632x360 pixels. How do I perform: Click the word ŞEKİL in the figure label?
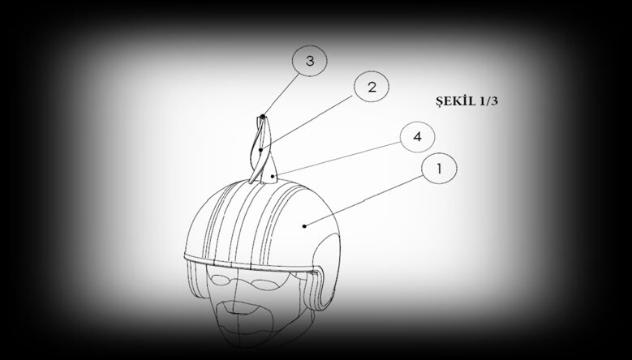point(456,101)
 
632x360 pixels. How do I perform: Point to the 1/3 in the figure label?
point(489,101)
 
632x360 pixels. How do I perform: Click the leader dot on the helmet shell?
point(304,226)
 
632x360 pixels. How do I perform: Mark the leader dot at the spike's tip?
point(262,117)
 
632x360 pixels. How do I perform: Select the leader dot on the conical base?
point(273,176)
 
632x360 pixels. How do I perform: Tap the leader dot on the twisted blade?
point(260,150)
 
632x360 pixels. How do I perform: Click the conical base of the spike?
point(269,169)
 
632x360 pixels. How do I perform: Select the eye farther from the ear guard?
point(220,280)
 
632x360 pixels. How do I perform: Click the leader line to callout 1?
point(364,201)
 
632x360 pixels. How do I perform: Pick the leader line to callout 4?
point(337,159)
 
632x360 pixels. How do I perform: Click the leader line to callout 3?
point(282,95)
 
